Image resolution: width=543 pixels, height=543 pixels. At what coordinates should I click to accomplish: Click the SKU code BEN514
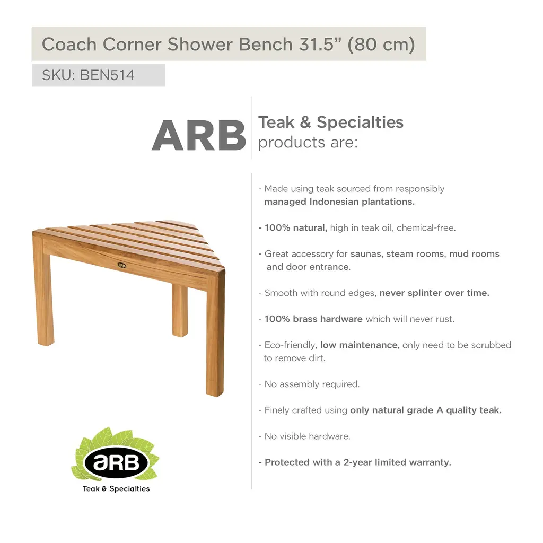[107, 75]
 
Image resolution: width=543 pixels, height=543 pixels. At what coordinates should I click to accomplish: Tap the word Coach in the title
[69, 45]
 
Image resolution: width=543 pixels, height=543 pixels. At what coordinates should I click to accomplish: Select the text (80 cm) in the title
[381, 45]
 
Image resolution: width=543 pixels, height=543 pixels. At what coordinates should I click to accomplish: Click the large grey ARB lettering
[199, 135]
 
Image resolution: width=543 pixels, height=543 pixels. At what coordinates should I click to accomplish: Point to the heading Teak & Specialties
[331, 122]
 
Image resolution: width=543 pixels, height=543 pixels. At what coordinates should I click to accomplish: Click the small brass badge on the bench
[121, 265]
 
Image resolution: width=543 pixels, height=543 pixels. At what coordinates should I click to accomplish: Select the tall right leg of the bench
[215, 334]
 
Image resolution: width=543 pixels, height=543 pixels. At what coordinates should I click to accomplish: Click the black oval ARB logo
[116, 462]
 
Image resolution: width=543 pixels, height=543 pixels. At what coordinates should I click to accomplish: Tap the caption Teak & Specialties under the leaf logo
[116, 488]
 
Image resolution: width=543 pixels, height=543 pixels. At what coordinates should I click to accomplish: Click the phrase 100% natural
[296, 227]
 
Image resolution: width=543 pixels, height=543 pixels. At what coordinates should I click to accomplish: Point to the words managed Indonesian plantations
[339, 202]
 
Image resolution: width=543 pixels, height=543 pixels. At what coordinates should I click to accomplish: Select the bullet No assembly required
[309, 384]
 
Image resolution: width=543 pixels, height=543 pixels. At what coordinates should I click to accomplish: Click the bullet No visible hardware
[305, 436]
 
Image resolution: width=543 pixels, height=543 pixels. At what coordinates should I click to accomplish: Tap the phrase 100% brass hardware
[313, 319]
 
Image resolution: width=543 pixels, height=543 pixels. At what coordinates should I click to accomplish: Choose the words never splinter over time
[434, 293]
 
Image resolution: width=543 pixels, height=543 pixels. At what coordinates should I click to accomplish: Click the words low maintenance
[359, 345]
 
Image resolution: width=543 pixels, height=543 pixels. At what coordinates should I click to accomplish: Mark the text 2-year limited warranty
[397, 462]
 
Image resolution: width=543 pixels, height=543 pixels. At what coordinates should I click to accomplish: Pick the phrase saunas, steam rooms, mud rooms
[425, 254]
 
